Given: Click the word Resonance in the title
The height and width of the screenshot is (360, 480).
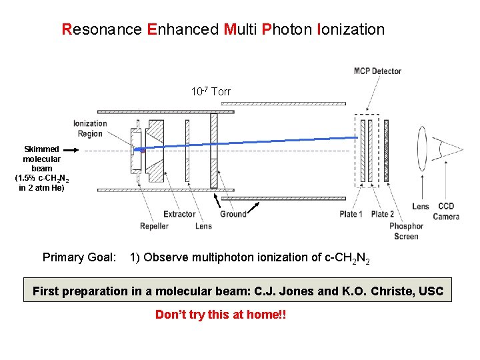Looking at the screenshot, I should (101, 29).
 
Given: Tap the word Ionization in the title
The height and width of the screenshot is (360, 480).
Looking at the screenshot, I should (351, 29).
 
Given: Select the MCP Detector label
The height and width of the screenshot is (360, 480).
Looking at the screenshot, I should (377, 71).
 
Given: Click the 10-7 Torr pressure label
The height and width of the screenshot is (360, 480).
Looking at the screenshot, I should (211, 92).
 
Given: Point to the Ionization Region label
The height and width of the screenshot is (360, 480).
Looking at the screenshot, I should (90, 128).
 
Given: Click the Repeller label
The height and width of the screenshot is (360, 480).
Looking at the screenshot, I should (154, 226).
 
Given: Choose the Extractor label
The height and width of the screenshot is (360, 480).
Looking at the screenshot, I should (179, 214).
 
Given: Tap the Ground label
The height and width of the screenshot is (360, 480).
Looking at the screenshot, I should (233, 214).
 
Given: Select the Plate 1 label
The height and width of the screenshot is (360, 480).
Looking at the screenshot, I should (351, 214).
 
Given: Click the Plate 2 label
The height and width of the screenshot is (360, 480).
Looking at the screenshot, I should (382, 214).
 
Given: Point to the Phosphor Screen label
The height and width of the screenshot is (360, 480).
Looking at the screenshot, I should (406, 231).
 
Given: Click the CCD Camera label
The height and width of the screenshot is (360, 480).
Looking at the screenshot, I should (446, 211).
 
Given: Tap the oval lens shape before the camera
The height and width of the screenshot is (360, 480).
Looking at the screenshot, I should (421, 151).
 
